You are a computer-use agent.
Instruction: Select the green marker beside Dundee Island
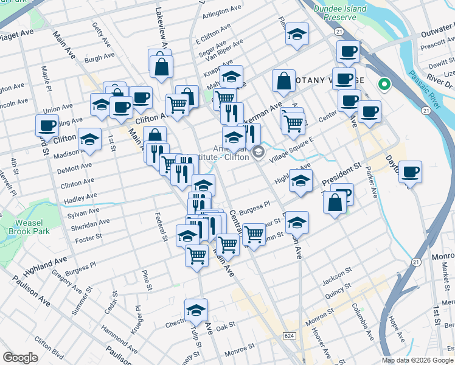pos(384,85)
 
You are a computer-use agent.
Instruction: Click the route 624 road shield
pos(290,335)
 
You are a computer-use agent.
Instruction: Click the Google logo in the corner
pos(20,358)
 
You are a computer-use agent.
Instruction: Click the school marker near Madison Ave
pos(89,140)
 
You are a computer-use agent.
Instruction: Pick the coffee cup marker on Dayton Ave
pos(411,172)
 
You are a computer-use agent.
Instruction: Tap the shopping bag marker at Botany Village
pos(283,81)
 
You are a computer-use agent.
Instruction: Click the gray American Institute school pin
pos(259,151)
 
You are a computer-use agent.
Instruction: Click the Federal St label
pos(161,226)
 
